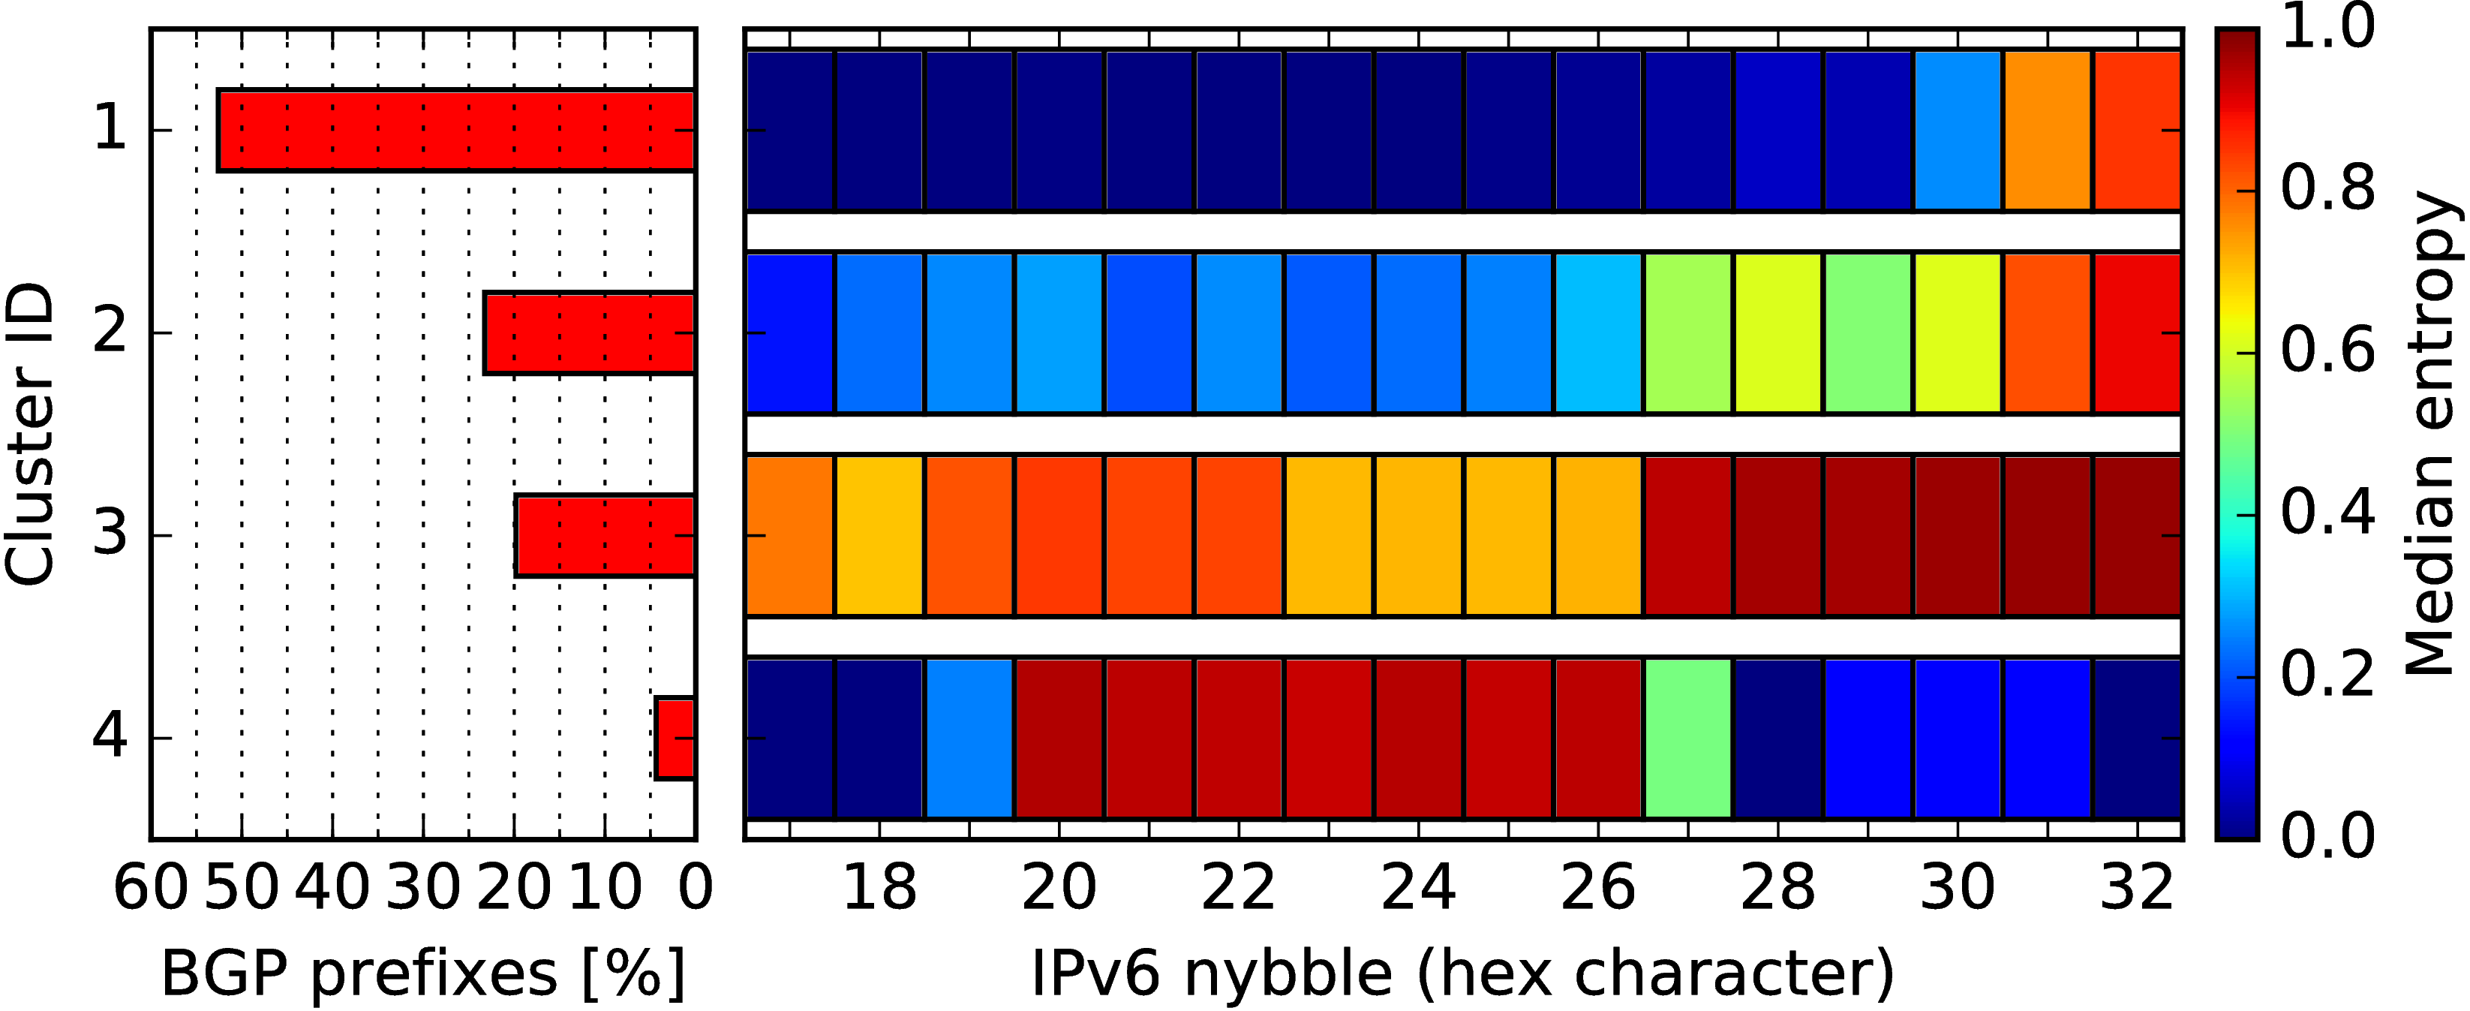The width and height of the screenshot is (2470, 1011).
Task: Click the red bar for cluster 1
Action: [456, 131]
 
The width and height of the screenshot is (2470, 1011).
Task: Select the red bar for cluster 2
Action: [589, 332]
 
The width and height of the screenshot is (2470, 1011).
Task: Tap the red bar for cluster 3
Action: [605, 535]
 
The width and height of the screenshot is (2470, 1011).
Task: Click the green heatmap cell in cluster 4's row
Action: [1687, 738]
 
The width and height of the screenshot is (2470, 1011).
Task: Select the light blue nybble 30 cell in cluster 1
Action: [1957, 131]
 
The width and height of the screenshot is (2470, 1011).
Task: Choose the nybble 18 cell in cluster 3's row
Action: [879, 535]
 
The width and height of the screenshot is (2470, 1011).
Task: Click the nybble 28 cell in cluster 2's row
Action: [1777, 332]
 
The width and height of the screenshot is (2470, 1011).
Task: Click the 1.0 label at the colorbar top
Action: [2327, 27]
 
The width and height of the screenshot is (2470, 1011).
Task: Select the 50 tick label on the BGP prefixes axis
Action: [242, 887]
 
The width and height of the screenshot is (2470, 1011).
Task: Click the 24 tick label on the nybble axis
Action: [1418, 887]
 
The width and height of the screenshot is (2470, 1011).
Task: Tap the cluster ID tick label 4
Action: [110, 738]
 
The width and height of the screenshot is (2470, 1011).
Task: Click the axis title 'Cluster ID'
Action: [29, 434]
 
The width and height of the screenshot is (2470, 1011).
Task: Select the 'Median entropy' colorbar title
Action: [2431, 434]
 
